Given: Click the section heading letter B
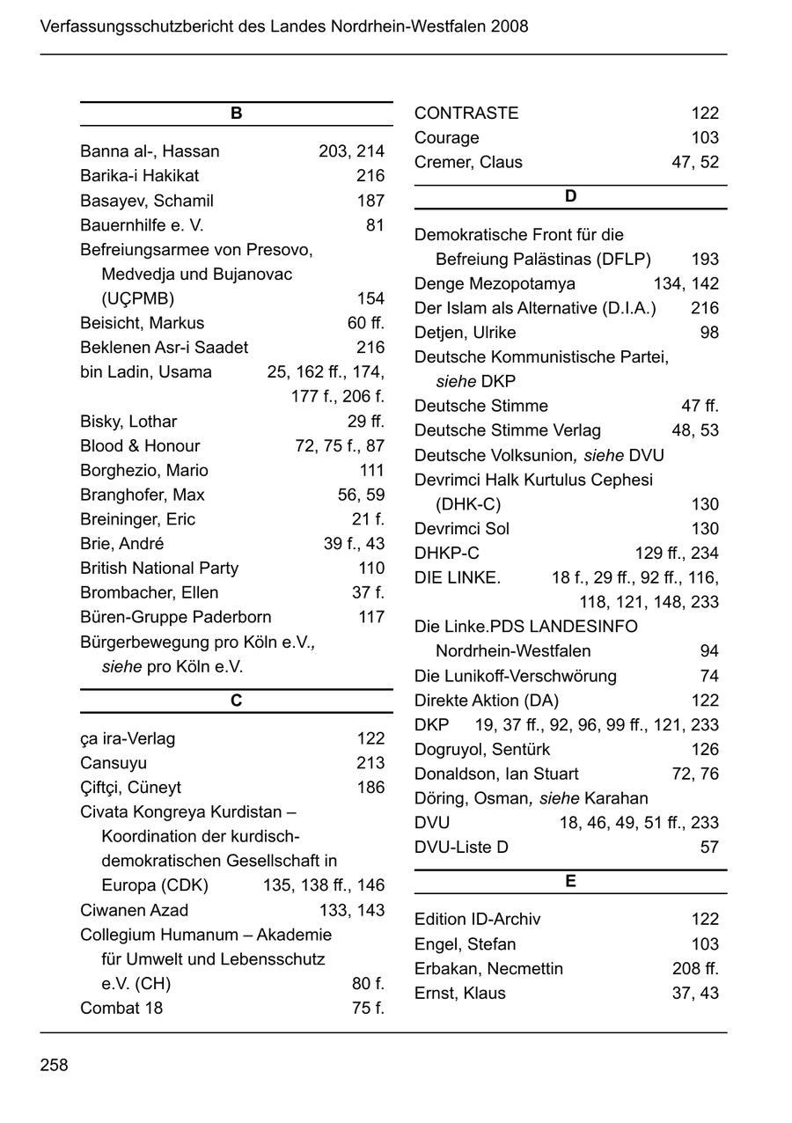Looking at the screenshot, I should coord(236,114).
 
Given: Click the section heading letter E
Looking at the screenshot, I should coord(570,881).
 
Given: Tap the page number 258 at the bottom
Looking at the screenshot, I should coord(54,1065).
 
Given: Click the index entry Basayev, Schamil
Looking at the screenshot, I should coord(146,201).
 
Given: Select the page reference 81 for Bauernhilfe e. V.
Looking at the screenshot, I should coord(375,225).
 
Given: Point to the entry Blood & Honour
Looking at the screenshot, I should coord(139,446).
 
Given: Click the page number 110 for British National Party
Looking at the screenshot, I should coord(371,569).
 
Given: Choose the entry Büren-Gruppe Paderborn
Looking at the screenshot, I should coord(175,617).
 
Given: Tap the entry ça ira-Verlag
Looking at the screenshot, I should coord(127,738).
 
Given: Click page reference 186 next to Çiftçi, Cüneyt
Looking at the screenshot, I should coord(370,788).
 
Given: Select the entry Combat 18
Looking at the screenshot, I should coord(121,1008).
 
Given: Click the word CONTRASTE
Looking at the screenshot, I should coord(466,114).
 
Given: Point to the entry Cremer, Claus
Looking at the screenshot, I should coord(468,163).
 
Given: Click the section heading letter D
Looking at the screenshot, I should coord(570,196).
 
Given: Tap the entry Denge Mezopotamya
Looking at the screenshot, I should coord(495,284).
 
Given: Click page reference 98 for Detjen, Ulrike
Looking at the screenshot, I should coord(709,333).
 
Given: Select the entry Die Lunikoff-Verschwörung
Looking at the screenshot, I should coord(515,676).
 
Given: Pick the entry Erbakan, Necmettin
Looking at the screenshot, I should coord(488,969).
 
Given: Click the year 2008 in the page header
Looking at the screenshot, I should coord(510,26).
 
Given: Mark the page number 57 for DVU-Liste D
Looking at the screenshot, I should coord(709,848).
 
